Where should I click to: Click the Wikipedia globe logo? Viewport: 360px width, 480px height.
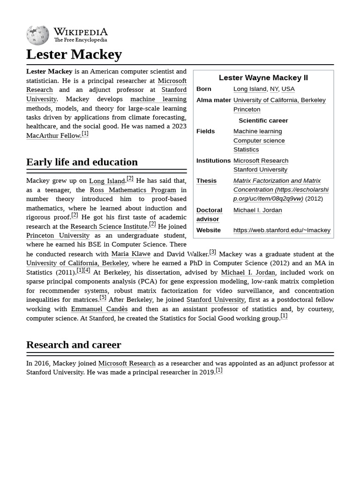(x=37, y=35)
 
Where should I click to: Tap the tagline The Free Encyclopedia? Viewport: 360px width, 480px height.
(x=80, y=40)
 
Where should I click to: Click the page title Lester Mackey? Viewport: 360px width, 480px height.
(x=74, y=54)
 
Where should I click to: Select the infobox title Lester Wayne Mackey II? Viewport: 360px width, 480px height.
(x=263, y=77)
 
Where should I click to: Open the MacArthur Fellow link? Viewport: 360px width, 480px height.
(x=53, y=135)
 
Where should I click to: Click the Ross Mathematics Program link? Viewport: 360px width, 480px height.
(x=133, y=190)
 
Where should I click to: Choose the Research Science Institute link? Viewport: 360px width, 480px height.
(x=109, y=226)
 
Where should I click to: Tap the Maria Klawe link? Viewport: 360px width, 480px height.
(x=130, y=254)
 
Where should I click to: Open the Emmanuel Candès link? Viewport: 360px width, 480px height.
(x=99, y=309)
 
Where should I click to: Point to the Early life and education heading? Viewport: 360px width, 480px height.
(x=82, y=162)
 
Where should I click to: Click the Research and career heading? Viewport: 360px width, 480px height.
(x=74, y=345)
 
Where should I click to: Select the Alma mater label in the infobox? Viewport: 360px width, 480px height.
(x=213, y=100)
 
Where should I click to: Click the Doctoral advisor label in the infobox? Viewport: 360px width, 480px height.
(x=209, y=214)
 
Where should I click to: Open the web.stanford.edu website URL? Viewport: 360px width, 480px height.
(x=282, y=230)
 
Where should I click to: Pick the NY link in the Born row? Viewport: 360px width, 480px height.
(x=274, y=89)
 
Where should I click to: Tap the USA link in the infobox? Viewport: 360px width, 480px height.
(x=288, y=89)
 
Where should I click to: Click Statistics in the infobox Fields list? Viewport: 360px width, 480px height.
(x=246, y=149)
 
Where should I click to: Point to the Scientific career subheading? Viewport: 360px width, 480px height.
(x=263, y=120)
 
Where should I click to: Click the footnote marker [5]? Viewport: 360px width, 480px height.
(x=103, y=297)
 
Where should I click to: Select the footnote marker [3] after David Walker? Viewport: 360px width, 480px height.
(x=212, y=252)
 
